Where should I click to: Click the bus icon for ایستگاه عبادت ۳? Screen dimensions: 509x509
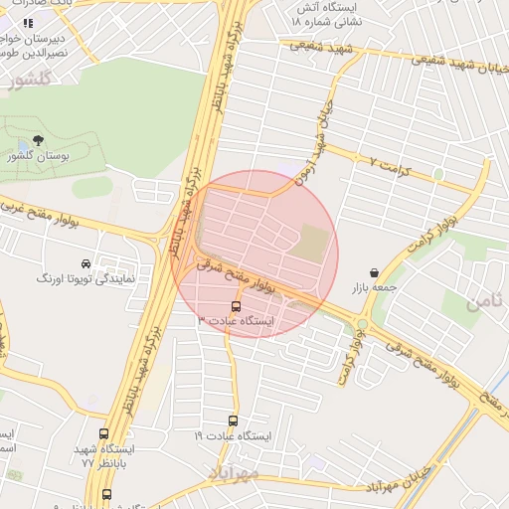(236, 306)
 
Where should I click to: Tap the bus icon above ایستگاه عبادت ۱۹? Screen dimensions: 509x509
(234, 421)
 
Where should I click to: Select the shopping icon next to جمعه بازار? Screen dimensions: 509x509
(374, 272)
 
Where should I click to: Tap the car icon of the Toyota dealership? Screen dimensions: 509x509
(86, 264)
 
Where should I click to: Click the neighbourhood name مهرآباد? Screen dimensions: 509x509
(233, 472)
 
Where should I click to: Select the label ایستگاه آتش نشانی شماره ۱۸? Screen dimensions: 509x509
(333, 13)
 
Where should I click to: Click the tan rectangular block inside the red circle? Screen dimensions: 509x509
(312, 244)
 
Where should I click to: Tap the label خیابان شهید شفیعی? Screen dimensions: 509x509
(454, 65)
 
